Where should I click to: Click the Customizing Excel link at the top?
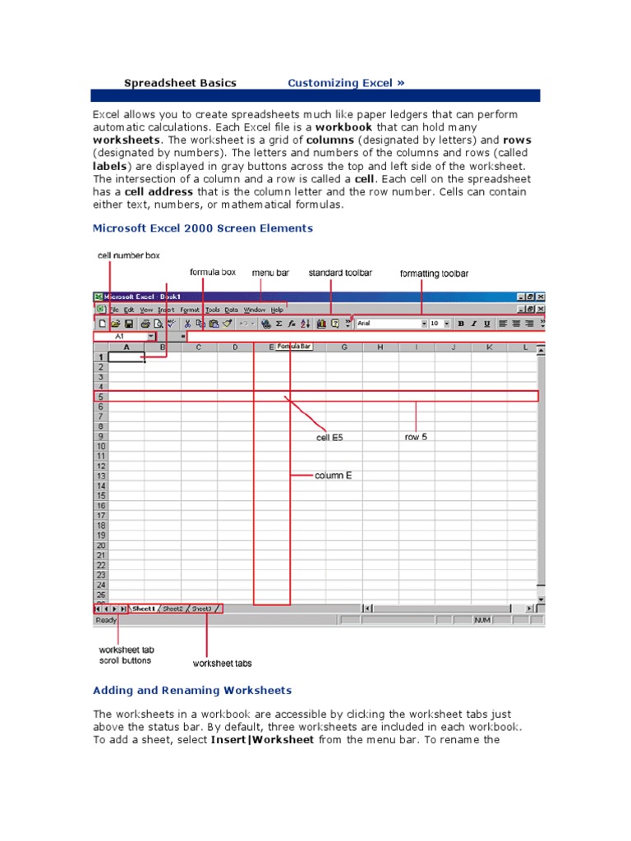coord(345,83)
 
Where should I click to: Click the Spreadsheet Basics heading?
coord(180,83)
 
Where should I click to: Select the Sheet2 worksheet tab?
coord(173,609)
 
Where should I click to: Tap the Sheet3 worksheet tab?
coord(201,609)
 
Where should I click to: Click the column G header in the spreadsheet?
coord(344,347)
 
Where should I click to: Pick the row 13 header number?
coord(100,476)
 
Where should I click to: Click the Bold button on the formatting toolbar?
coord(461,324)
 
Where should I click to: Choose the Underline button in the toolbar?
coord(486,324)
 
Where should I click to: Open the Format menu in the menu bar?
coord(190,310)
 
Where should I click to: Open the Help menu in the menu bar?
coord(277,310)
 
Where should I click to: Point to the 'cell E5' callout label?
coord(330,438)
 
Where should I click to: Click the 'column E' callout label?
coord(333,476)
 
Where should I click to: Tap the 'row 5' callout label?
coord(416,437)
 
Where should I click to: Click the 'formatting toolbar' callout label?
coord(434,273)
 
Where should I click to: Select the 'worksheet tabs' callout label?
coord(222,663)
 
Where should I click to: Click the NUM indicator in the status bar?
coord(482,620)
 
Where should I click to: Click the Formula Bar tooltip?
coord(294,347)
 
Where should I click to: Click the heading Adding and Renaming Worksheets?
coord(192,691)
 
